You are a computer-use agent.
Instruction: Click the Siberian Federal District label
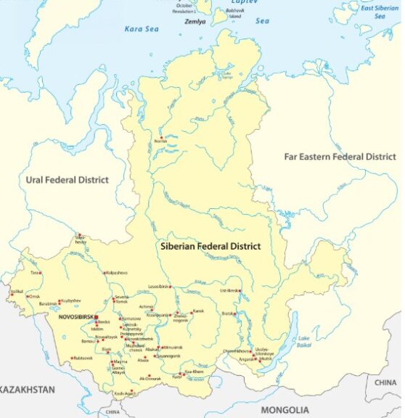[x=210, y=247]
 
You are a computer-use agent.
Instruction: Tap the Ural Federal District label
[x=67, y=180]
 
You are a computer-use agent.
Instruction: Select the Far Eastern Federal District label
[x=340, y=157]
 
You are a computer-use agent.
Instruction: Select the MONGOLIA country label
[x=285, y=410]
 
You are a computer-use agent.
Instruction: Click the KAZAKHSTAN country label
[x=25, y=390]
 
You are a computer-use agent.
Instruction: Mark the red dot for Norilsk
[x=161, y=139]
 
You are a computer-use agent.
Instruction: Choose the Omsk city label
[x=34, y=296]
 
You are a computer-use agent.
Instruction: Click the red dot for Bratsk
[x=237, y=314]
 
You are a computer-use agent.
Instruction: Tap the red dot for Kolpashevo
[x=103, y=273]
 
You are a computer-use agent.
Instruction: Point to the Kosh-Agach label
[x=124, y=394]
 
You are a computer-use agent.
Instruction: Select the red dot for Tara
[x=39, y=273]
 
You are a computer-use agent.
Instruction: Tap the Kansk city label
[x=198, y=311]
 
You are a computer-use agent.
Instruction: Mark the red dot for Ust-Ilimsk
[x=241, y=292]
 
